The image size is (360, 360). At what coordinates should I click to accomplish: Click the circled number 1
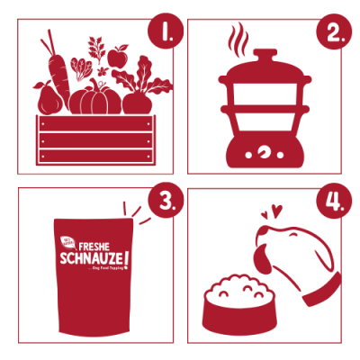click(x=163, y=34)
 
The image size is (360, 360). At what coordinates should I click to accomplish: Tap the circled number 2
click(x=333, y=34)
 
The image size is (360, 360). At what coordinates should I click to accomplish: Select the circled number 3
click(x=163, y=202)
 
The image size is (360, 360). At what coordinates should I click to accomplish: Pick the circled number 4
click(x=333, y=202)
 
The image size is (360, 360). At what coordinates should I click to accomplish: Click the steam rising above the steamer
click(x=238, y=39)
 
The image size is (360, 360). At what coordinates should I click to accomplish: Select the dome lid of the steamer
click(x=264, y=70)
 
